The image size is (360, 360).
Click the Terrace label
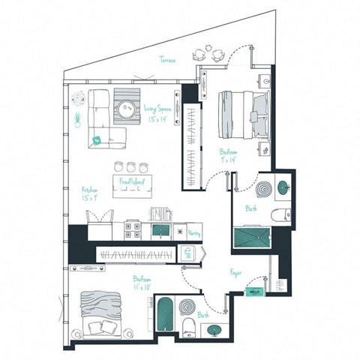(167, 60)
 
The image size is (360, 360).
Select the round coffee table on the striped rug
(127, 106)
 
